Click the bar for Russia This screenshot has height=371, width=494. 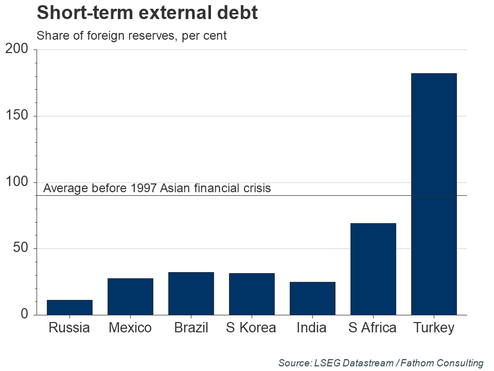(69, 307)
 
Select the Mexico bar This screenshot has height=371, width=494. (130, 296)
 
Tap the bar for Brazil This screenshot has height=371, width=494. (191, 293)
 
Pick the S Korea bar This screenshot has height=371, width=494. (252, 294)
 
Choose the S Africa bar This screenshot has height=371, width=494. (373, 268)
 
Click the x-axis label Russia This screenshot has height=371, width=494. (69, 328)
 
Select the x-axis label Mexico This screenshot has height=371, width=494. (130, 328)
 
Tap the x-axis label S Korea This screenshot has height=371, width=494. (251, 328)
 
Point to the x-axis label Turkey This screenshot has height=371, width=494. (434, 328)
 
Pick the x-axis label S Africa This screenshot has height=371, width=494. (373, 328)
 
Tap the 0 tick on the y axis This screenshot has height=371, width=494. (25, 314)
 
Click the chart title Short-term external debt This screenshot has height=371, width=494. (147, 13)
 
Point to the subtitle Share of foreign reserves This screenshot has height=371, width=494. (131, 36)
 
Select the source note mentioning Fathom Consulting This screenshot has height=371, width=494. (381, 363)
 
